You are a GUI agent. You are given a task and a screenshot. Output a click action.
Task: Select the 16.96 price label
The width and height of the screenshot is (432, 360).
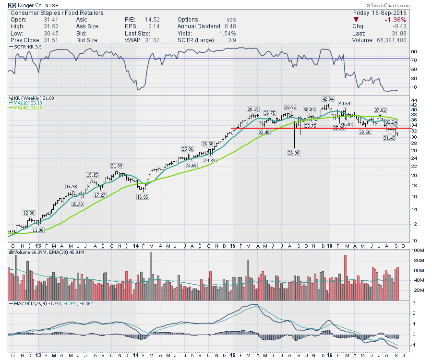(x=142, y=196)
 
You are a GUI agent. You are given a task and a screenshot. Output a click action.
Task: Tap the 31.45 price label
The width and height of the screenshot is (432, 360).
(x=390, y=138)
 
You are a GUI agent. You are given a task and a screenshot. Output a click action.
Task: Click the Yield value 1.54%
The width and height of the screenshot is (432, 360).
(x=228, y=34)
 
